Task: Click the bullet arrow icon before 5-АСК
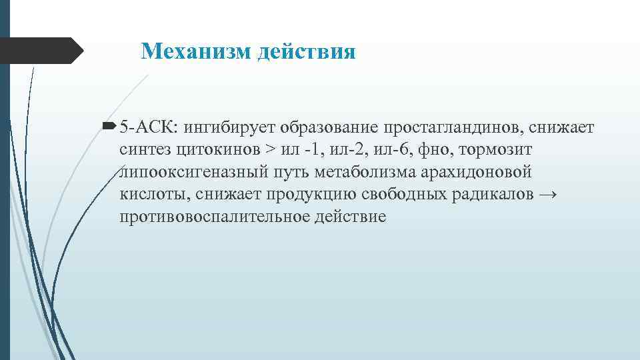pos(111,126)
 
